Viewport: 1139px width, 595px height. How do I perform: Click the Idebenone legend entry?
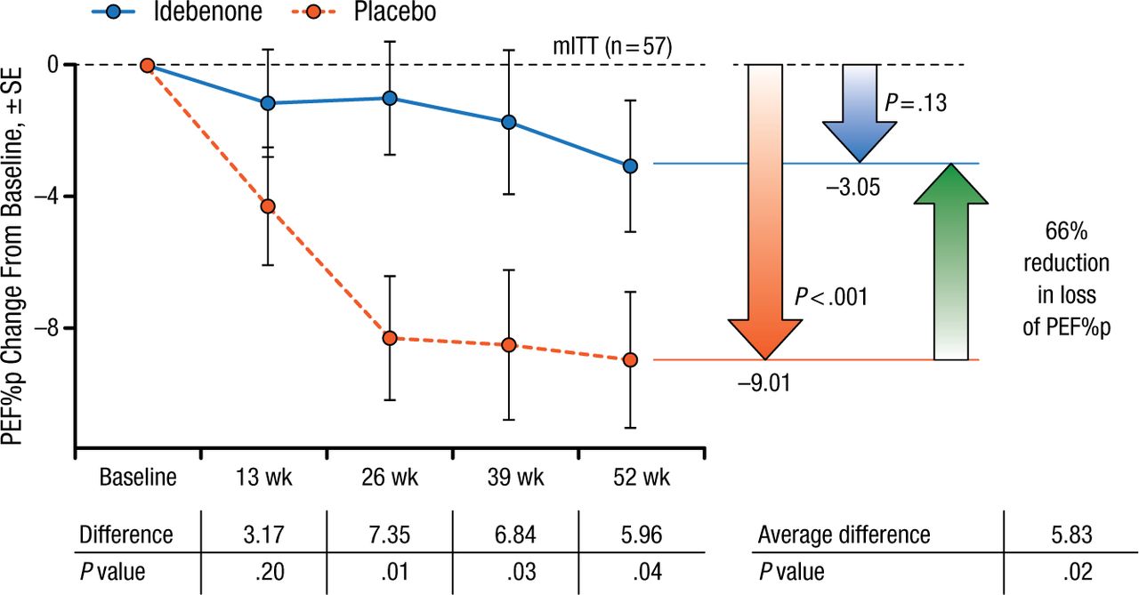point(168,13)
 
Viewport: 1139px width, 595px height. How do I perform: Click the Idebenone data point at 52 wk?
point(630,165)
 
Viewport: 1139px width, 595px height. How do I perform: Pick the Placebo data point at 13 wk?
point(268,206)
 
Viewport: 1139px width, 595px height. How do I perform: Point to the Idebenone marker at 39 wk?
point(510,122)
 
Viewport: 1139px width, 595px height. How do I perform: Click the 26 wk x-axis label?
point(390,478)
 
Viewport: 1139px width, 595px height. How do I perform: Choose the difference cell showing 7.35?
point(390,535)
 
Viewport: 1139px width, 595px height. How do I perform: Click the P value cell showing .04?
point(630,571)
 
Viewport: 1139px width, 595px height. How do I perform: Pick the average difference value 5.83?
point(1071,535)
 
